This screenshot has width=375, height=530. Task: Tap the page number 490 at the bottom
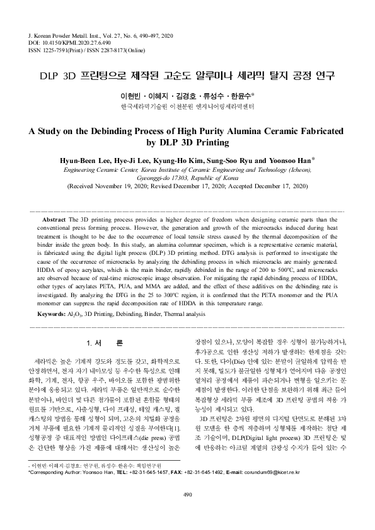pos(187,512)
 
